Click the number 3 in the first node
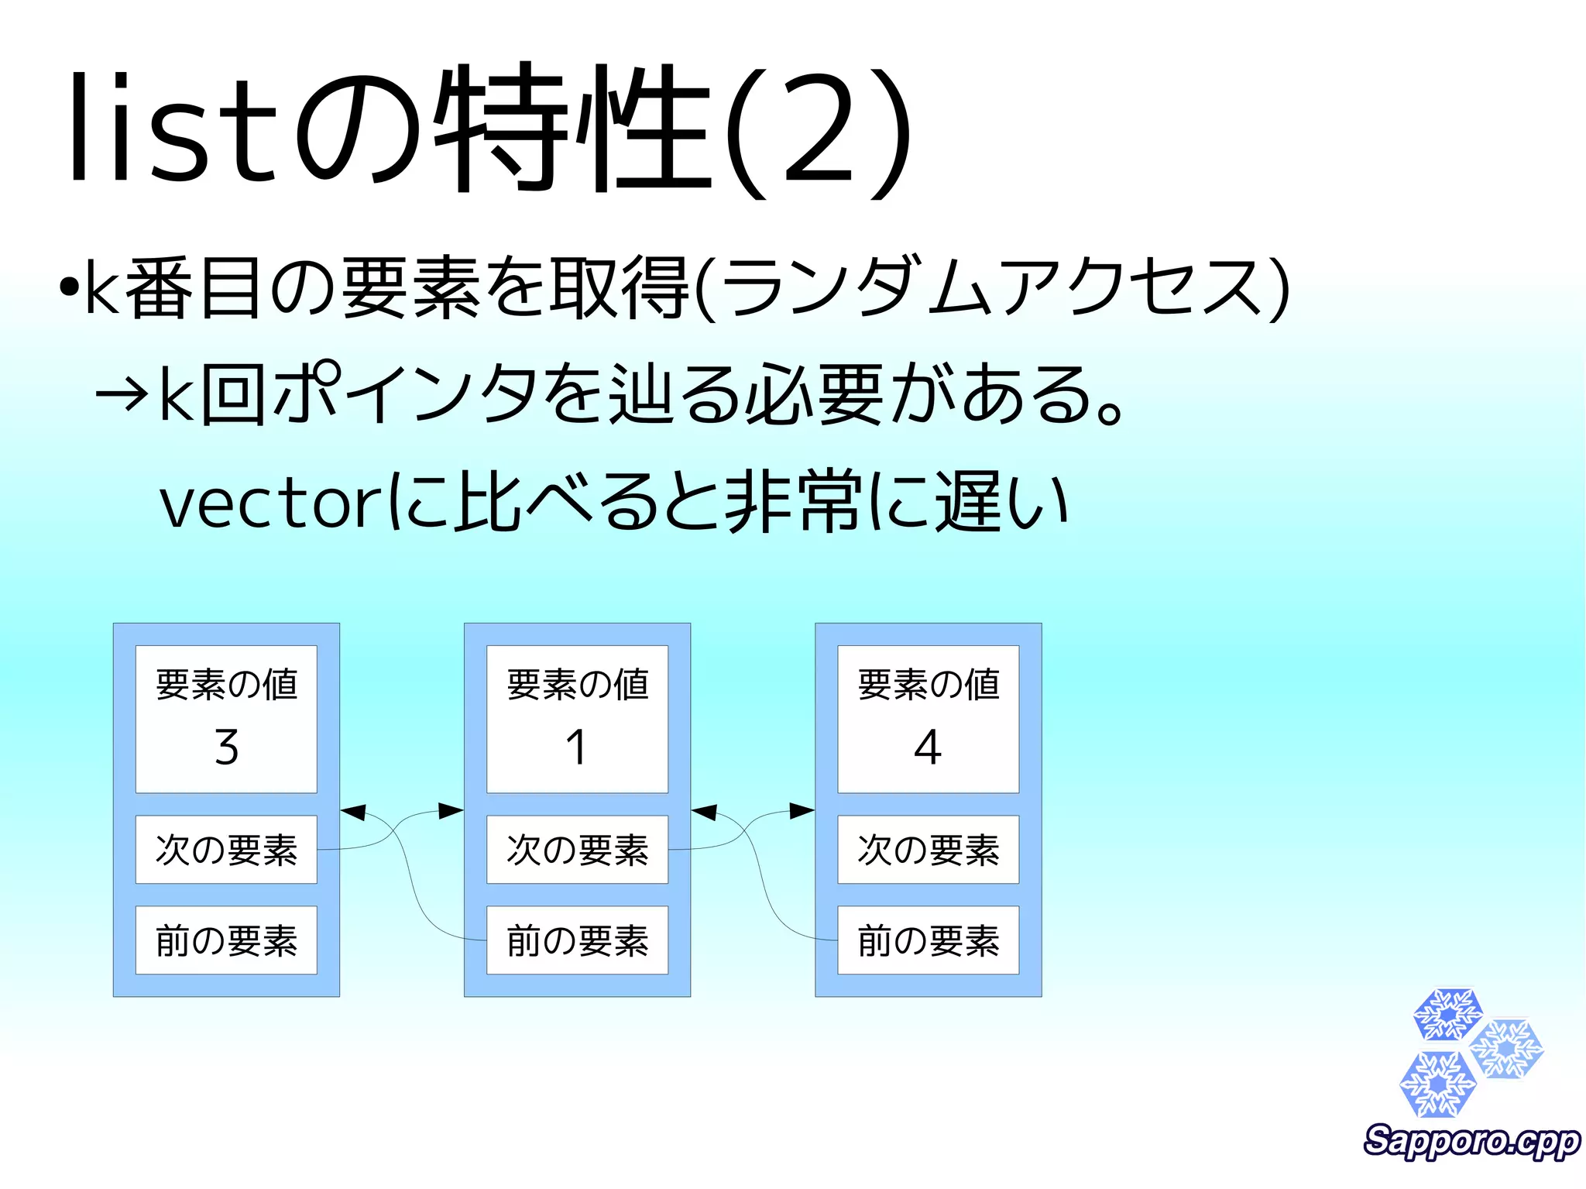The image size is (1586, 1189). click(x=226, y=747)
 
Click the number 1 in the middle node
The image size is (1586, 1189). click(x=576, y=747)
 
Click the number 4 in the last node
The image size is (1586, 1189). click(x=928, y=747)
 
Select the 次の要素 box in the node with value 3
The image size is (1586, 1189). click(x=226, y=850)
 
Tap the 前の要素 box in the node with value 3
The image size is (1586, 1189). click(x=226, y=940)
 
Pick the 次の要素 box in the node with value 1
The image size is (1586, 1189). click(x=577, y=850)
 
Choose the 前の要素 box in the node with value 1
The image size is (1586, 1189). click(x=577, y=940)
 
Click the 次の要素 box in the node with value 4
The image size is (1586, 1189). click(x=928, y=850)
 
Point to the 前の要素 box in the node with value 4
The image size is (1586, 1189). click(x=928, y=940)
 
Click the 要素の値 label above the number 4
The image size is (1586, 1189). click(x=928, y=685)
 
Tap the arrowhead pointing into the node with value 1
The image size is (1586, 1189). click(x=451, y=811)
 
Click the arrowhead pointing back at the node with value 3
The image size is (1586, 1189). click(x=353, y=813)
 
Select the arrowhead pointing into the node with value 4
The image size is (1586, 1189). click(x=802, y=811)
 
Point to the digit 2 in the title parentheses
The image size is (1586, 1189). click(x=818, y=132)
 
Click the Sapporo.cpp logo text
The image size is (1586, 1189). click(x=1471, y=1142)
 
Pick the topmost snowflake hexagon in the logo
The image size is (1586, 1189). click(x=1447, y=1014)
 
